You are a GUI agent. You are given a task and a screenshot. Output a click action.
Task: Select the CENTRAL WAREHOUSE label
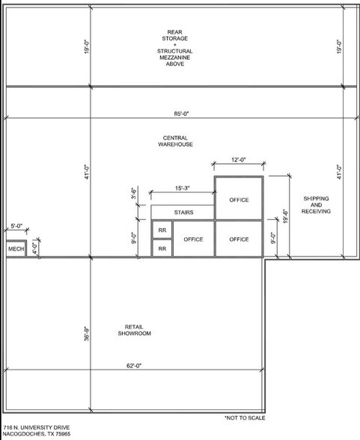[176, 141]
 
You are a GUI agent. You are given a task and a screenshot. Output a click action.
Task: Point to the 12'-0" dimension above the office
[239, 159]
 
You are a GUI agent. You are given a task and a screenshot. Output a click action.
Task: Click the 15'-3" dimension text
[183, 188]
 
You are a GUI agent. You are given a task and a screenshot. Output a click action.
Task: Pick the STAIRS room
[183, 213]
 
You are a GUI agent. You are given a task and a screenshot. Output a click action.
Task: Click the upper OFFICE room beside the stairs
[239, 199]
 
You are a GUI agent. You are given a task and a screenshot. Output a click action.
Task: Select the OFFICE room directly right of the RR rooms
[193, 239]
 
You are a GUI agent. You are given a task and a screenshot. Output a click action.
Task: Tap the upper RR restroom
[161, 230]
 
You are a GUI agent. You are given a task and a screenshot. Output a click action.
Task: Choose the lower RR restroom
[161, 248]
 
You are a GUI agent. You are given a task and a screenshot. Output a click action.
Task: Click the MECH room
[16, 248]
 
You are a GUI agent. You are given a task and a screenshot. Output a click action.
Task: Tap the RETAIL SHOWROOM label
[134, 330]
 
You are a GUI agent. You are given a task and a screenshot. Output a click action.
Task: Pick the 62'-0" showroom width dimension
[134, 366]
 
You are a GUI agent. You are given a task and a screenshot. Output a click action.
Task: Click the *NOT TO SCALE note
[245, 418]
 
